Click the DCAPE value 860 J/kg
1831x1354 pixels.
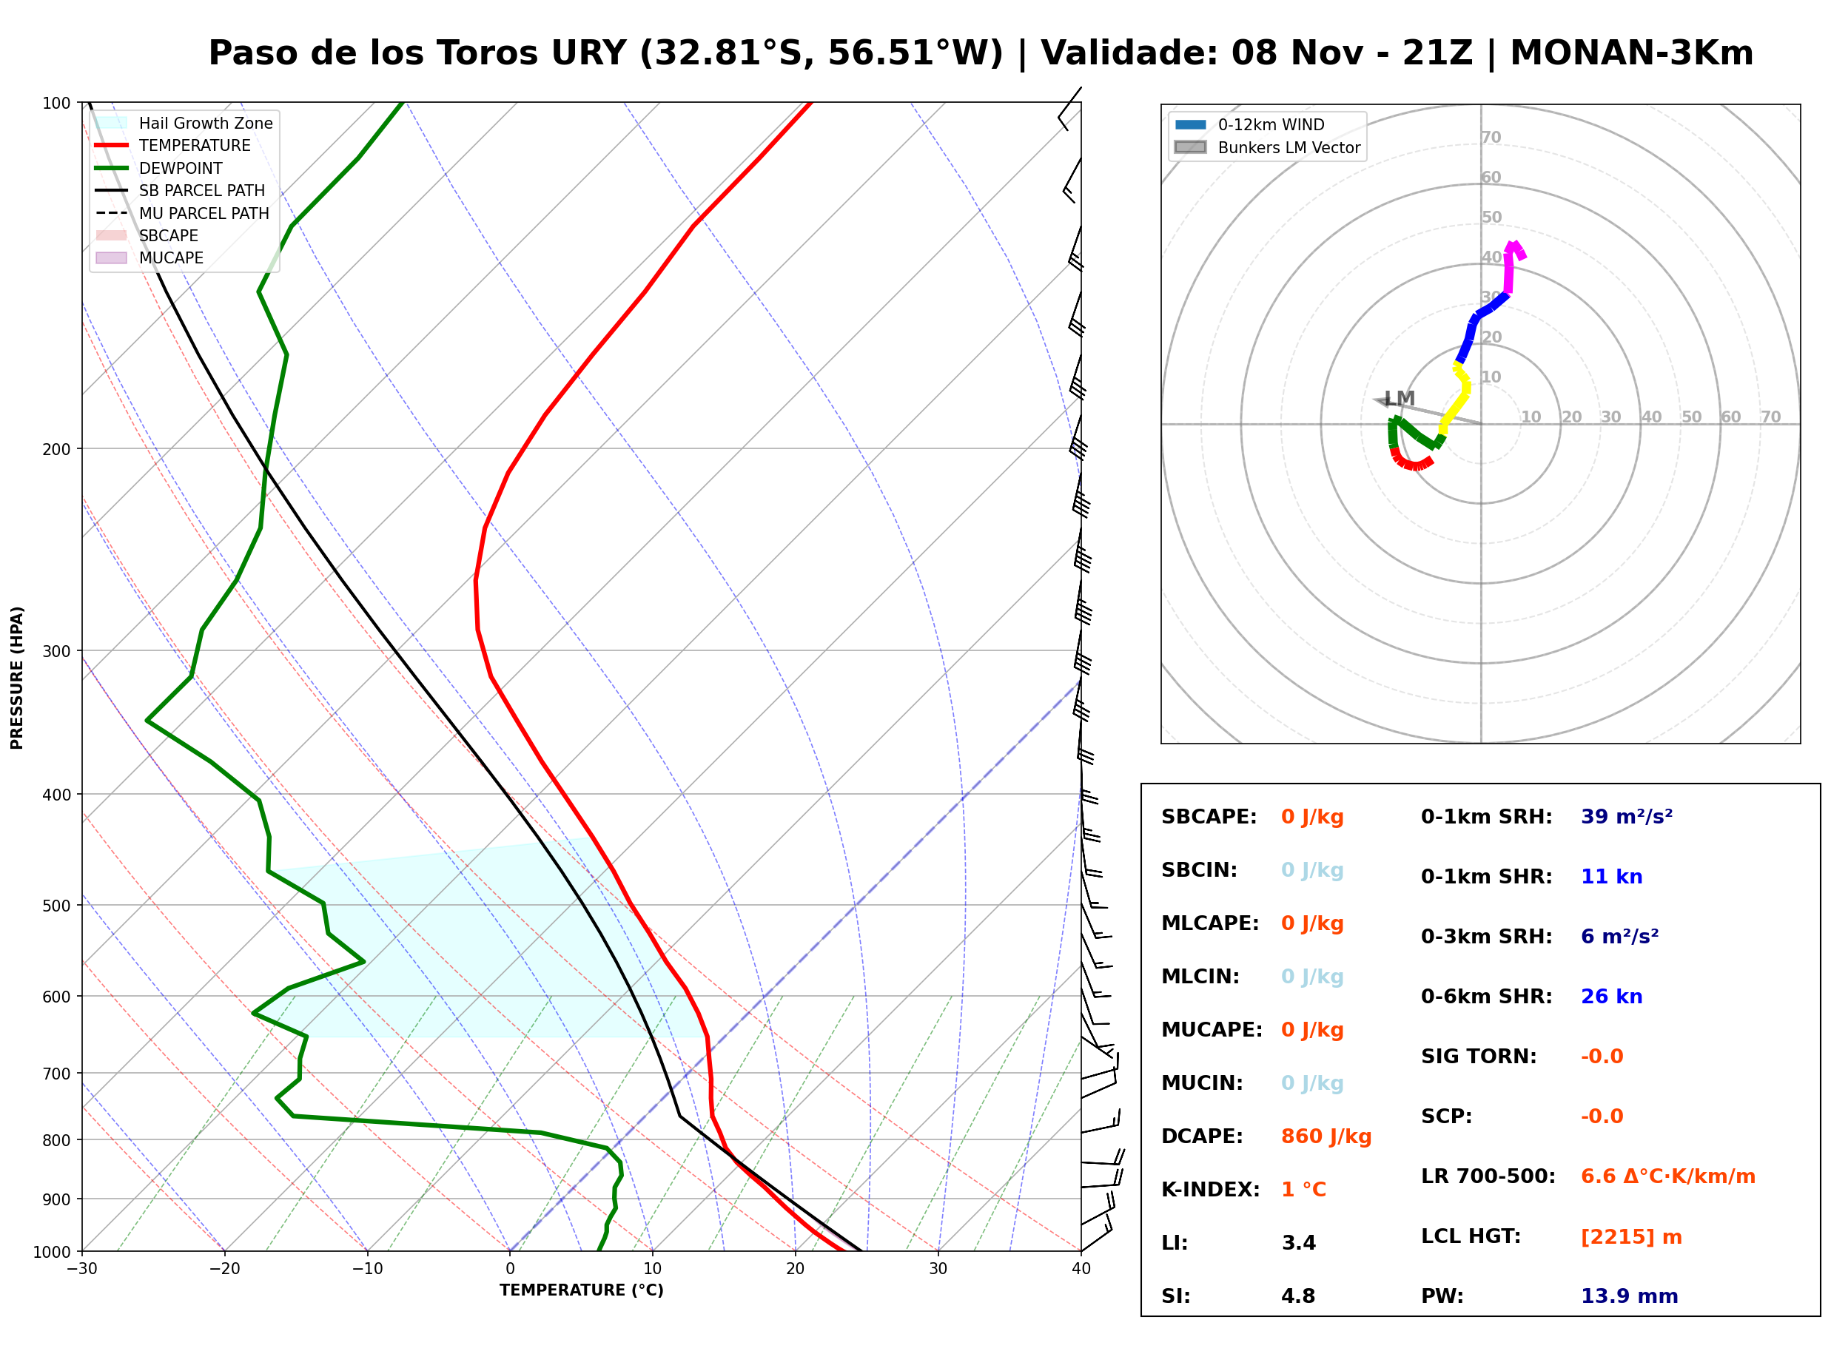pyautogui.click(x=1326, y=1136)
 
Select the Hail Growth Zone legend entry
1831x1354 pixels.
pyautogui.click(x=184, y=123)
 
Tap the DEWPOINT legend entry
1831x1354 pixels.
pyautogui.click(x=159, y=168)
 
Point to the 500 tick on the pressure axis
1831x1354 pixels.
pyautogui.click(x=56, y=906)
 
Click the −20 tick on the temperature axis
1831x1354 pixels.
pyautogui.click(x=224, y=1269)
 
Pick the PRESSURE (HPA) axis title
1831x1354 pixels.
pyautogui.click(x=17, y=678)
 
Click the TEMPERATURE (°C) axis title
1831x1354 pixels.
pyautogui.click(x=582, y=1290)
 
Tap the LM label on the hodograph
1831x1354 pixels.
pyautogui.click(x=1399, y=398)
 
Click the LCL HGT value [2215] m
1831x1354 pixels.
pyautogui.click(x=1631, y=1237)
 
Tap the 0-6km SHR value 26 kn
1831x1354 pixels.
pyautogui.click(x=1611, y=997)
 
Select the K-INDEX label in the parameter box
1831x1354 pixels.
pyautogui.click(x=1210, y=1190)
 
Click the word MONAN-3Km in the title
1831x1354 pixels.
pyautogui.click(x=1631, y=53)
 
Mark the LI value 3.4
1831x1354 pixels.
pyautogui.click(x=1298, y=1243)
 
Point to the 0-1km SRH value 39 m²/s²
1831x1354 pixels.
pyautogui.click(x=1626, y=817)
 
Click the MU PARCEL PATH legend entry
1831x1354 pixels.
pyautogui.click(x=182, y=213)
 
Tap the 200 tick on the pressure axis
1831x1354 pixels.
pyautogui.click(x=56, y=449)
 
